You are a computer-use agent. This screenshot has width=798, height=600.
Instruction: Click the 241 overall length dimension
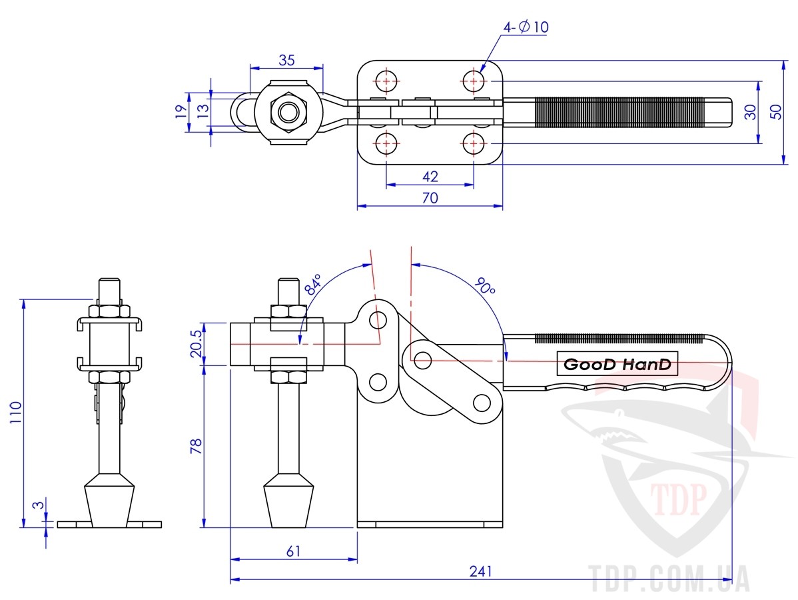pyautogui.click(x=481, y=571)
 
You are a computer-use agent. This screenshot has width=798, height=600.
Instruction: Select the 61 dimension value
pyautogui.click(x=294, y=551)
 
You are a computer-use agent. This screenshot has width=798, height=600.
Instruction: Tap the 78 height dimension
pyautogui.click(x=196, y=446)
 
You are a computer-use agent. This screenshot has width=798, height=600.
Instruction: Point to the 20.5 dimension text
pyautogui.click(x=196, y=343)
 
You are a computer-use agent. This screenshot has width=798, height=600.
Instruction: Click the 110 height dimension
pyautogui.click(x=16, y=413)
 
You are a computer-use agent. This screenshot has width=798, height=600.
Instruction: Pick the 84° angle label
pyautogui.click(x=314, y=285)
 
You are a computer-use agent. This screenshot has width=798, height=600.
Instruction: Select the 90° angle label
pyautogui.click(x=484, y=286)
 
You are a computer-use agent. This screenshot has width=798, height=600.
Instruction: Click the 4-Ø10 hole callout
pyautogui.click(x=526, y=27)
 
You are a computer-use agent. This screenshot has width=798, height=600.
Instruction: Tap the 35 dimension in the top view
pyautogui.click(x=286, y=60)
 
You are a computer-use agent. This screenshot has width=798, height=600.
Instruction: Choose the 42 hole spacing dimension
pyautogui.click(x=430, y=176)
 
